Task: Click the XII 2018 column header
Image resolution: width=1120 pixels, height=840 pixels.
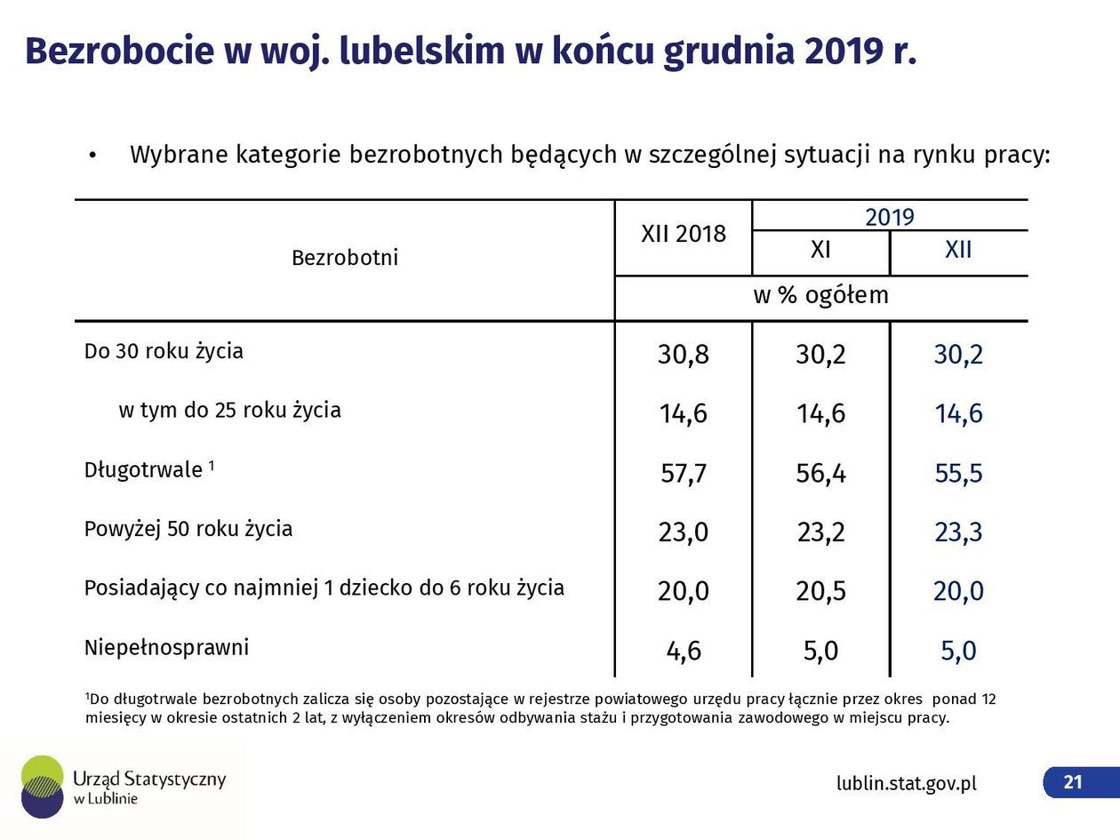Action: click(x=683, y=234)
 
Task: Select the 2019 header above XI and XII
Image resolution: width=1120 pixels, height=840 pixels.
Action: click(x=889, y=217)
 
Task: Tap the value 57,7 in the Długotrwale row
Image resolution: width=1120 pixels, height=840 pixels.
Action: click(x=683, y=473)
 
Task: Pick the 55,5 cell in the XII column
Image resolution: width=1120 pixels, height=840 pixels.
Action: click(x=958, y=473)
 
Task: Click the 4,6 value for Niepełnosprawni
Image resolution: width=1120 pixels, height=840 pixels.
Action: click(x=683, y=651)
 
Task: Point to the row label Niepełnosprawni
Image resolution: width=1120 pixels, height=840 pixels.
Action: click(x=166, y=647)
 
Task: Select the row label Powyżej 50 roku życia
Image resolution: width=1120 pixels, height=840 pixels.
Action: click(x=188, y=529)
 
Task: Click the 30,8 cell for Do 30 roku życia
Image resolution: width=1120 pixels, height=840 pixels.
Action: click(x=683, y=355)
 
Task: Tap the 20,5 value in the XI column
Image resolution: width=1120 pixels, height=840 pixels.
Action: click(x=820, y=591)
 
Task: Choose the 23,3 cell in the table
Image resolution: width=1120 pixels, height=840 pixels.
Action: click(x=958, y=532)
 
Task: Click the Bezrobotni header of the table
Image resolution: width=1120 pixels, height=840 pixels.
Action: click(x=345, y=258)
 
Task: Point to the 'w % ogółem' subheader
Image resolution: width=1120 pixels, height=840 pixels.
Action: click(x=820, y=295)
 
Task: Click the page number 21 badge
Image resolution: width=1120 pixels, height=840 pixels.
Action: click(x=1073, y=782)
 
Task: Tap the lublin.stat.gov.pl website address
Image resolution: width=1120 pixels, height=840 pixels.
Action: click(x=906, y=783)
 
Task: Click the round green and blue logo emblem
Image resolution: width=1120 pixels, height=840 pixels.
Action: click(x=42, y=786)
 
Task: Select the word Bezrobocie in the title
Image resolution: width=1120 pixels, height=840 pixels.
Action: click(x=118, y=52)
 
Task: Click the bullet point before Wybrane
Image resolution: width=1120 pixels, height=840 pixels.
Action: click(x=92, y=156)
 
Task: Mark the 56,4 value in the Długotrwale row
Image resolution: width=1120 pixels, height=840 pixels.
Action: click(x=820, y=473)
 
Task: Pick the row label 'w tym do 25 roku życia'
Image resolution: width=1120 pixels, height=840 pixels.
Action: click(x=229, y=410)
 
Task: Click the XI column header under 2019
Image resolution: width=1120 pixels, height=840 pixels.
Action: click(x=820, y=250)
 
